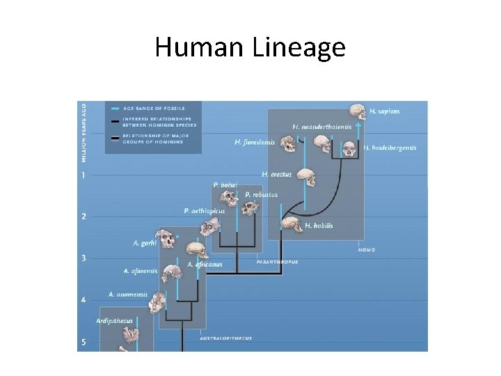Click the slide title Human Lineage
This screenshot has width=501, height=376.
pos(250,47)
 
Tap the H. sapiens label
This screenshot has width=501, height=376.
pos(385,111)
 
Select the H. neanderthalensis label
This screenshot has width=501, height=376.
pos(319,127)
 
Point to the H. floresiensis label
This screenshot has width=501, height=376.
pos(255,143)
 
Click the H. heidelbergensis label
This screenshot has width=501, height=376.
pos(390,148)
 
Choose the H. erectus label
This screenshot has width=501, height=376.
pos(276,174)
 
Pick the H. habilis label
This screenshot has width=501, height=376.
pos(319,226)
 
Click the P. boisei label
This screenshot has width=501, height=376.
pos(225,185)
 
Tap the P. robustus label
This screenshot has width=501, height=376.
pos(261,195)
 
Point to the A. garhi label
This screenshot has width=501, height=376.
pos(145,243)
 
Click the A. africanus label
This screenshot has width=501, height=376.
pos(205,265)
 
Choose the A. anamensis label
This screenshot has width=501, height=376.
pos(128,295)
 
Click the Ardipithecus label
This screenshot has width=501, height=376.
pos(114,321)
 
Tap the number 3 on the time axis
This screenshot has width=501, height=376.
pos(84,258)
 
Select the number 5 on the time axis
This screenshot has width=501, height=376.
pos(84,342)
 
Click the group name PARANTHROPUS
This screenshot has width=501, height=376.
pos(277,263)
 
